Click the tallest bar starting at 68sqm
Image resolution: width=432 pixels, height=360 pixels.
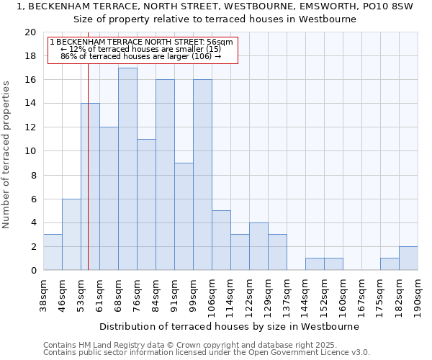(x=127, y=169)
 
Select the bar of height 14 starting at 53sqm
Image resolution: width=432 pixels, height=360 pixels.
(x=90, y=187)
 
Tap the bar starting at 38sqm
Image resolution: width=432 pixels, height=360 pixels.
(x=53, y=252)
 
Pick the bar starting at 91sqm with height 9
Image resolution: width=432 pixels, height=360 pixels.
(x=184, y=217)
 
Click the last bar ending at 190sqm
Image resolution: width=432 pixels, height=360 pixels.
(x=408, y=258)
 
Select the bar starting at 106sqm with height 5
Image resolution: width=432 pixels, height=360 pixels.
(x=221, y=240)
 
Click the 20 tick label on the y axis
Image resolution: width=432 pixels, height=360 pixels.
(x=30, y=32)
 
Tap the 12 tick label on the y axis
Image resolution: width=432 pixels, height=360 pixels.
(x=30, y=127)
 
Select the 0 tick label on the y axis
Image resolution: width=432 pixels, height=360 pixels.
(x=32, y=271)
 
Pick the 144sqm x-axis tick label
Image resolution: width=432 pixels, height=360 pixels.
(x=305, y=296)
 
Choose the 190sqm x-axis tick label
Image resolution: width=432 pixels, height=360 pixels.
(x=418, y=296)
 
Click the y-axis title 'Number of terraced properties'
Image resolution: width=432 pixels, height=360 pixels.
(x=6, y=155)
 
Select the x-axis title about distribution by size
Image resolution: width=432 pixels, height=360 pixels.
(x=229, y=326)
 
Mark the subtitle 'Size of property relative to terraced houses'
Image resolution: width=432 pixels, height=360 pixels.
(x=215, y=19)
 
